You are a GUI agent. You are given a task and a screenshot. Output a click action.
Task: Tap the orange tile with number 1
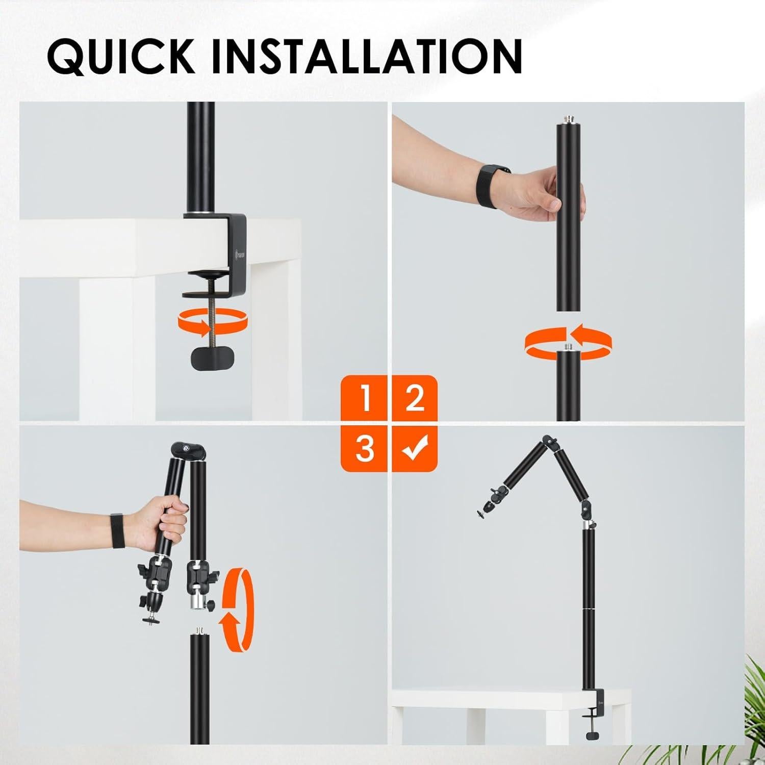[x=364, y=399]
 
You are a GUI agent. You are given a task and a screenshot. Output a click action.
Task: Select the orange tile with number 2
[x=414, y=399]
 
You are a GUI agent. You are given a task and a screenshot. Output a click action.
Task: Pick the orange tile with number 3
[x=364, y=447]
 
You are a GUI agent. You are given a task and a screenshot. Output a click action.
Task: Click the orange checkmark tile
[x=414, y=447]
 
